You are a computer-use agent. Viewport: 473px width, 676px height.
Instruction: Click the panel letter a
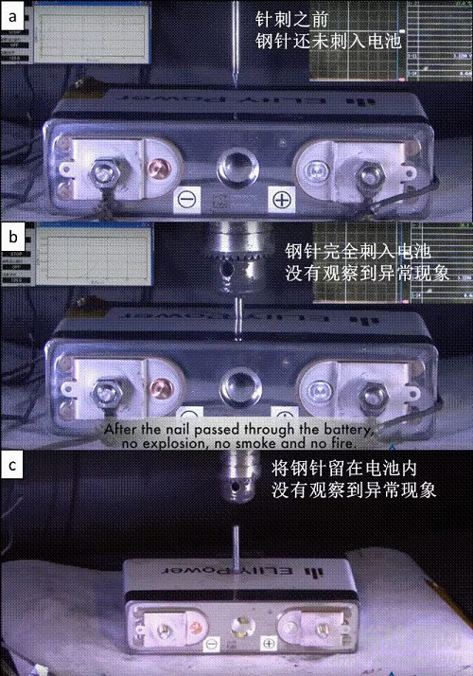pyautogui.click(x=14, y=15)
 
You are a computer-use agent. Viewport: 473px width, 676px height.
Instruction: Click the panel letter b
pyautogui.click(x=14, y=236)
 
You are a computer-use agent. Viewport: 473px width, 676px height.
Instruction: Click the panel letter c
pyautogui.click(x=14, y=466)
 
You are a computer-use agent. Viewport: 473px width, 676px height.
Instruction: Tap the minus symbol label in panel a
pyautogui.click(x=185, y=200)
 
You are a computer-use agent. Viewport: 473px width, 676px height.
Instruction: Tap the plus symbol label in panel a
pyautogui.click(x=281, y=200)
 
